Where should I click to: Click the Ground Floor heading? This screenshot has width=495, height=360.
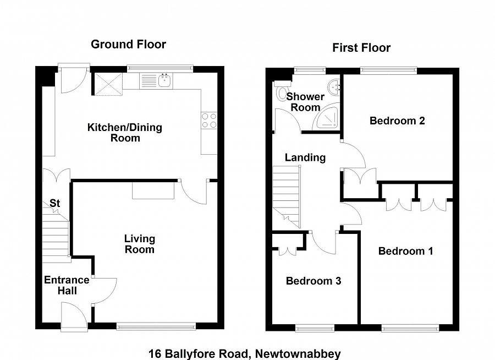[x=129, y=44]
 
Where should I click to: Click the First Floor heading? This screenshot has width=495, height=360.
[x=361, y=48]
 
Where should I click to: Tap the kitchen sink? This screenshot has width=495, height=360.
[x=164, y=80]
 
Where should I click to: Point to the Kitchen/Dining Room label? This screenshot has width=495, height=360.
[x=125, y=133]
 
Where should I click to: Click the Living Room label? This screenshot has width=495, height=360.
[x=140, y=244]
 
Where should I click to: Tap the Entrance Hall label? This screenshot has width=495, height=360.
[x=67, y=285]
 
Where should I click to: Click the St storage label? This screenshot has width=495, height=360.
[x=54, y=203]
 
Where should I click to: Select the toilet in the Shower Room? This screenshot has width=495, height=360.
[x=281, y=90]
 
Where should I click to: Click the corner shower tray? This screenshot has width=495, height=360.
[x=327, y=118]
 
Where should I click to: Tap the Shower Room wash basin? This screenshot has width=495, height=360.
[x=334, y=87]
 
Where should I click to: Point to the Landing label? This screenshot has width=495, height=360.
[x=305, y=157]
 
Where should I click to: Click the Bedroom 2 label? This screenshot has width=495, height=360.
[x=397, y=121]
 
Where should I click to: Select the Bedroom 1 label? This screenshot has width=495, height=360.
[x=406, y=251]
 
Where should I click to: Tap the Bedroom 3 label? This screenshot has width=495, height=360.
[x=313, y=281]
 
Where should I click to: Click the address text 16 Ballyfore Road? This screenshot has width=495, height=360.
[x=198, y=353]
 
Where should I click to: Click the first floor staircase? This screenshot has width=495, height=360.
[x=287, y=197]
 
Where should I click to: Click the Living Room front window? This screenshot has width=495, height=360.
[x=156, y=326]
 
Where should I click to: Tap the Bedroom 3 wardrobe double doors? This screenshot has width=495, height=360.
[x=288, y=250]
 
